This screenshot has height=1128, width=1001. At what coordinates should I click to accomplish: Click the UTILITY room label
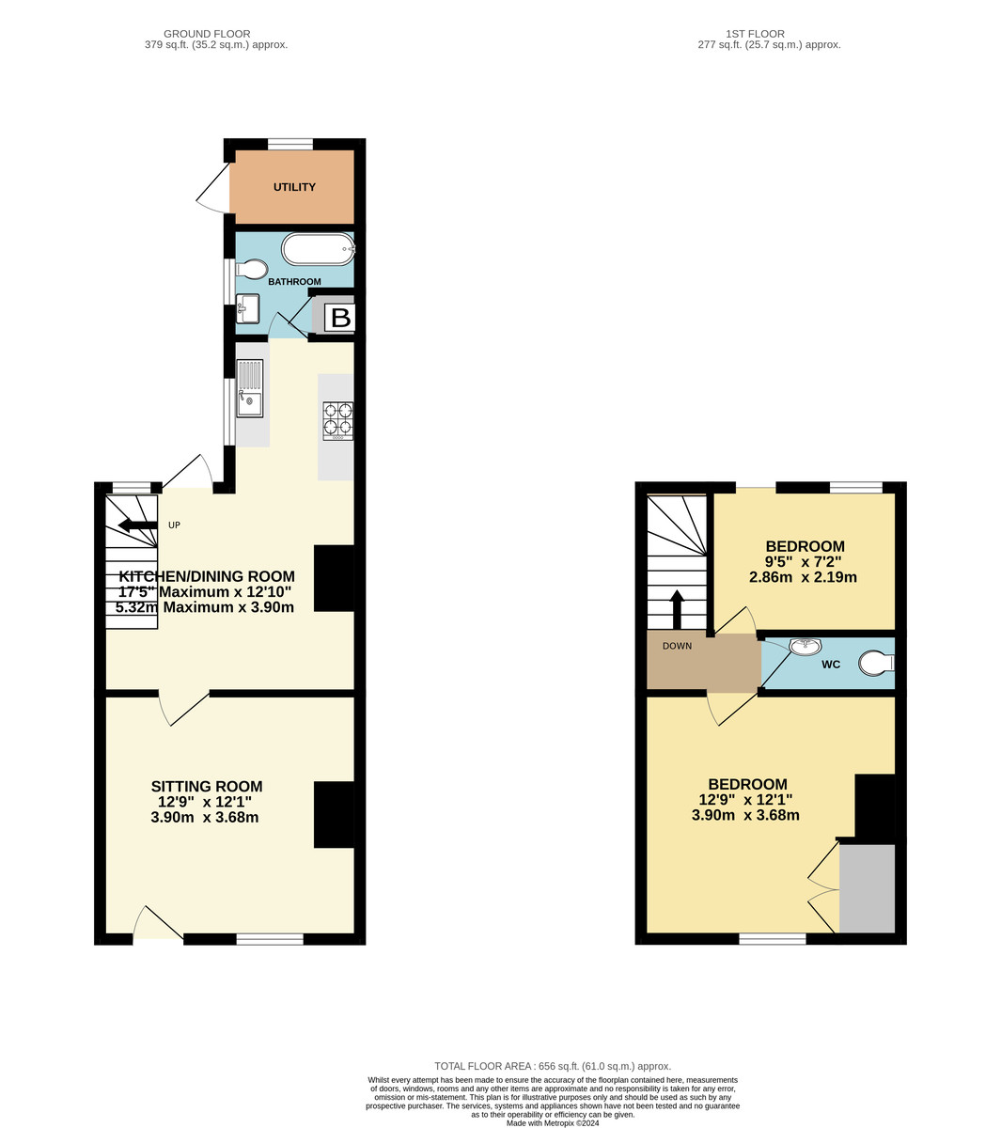pyautogui.click(x=294, y=187)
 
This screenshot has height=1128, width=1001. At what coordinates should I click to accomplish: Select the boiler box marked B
pyautogui.click(x=340, y=318)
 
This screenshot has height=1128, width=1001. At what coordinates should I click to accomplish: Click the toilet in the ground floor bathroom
pyautogui.click(x=250, y=271)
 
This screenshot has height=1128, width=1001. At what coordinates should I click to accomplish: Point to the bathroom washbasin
pyautogui.click(x=248, y=307)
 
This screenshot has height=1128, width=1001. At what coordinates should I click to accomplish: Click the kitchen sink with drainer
pyautogui.click(x=250, y=389)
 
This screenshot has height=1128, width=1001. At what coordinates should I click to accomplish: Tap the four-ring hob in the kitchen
pyautogui.click(x=338, y=420)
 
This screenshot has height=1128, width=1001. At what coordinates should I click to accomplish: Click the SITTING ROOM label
pyautogui.click(x=207, y=787)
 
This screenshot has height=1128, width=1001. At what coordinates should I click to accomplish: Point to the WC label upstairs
pyautogui.click(x=831, y=665)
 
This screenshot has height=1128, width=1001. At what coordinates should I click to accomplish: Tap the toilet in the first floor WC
pyautogui.click(x=877, y=665)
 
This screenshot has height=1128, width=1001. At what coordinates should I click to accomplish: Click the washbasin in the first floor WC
pyautogui.click(x=805, y=647)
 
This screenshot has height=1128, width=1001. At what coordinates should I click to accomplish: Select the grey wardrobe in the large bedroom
pyautogui.click(x=867, y=888)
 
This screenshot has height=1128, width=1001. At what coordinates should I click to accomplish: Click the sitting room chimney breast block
pyautogui.click(x=334, y=814)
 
